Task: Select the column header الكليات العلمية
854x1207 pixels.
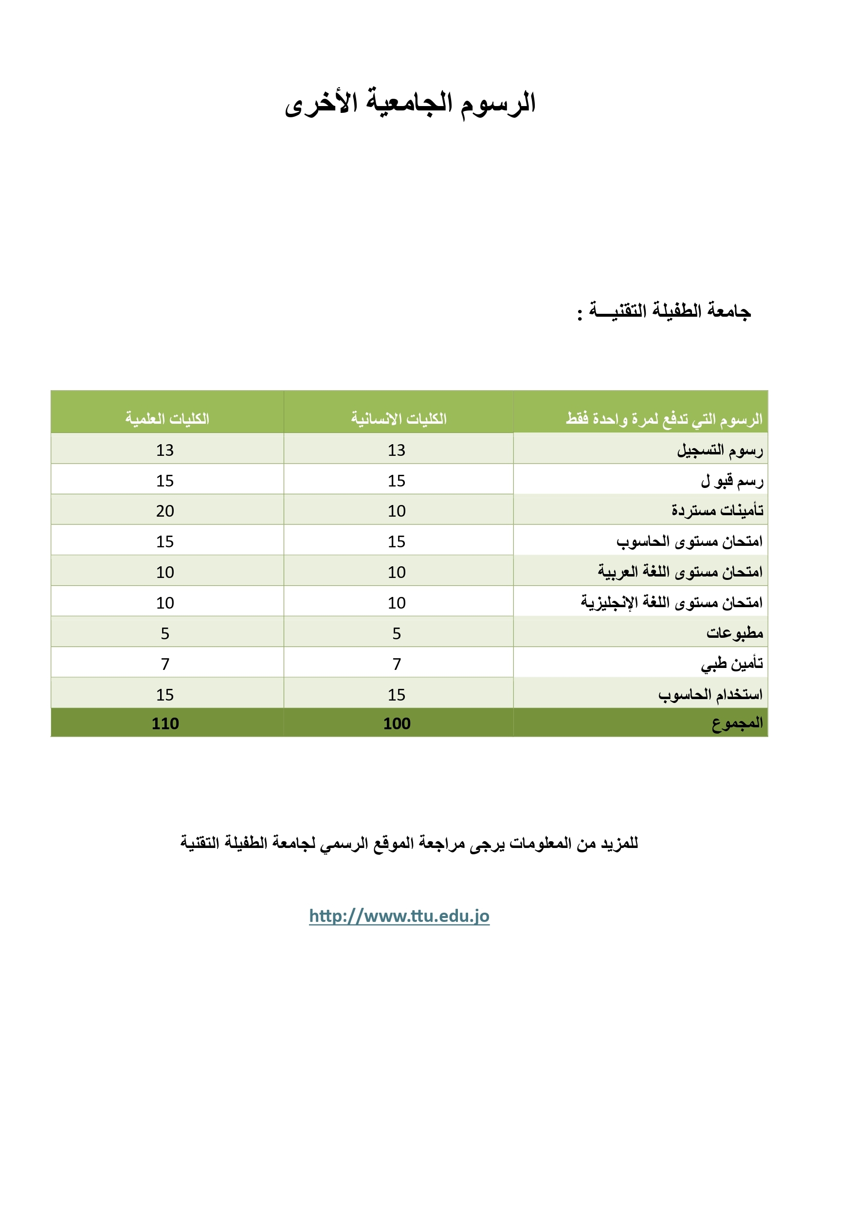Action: coord(167,418)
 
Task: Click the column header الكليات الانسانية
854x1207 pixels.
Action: coord(399,418)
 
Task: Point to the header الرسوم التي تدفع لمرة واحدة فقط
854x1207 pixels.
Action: coord(664,419)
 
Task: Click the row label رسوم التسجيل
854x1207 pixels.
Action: coord(719,450)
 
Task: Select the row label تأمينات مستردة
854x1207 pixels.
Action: coord(717,510)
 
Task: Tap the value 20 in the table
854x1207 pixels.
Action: coord(165,511)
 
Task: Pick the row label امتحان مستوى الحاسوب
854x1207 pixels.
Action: coord(689,541)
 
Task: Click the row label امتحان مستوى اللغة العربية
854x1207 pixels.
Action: coord(679,572)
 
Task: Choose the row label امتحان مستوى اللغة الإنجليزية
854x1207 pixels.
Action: coord(671,602)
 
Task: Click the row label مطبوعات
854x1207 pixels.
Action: coord(734,633)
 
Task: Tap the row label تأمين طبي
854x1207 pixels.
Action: coord(731,664)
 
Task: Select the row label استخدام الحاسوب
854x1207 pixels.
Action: coord(710,694)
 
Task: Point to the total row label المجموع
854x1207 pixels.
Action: coord(737,723)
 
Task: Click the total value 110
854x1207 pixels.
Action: coord(165,724)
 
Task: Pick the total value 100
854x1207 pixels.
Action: coord(397,724)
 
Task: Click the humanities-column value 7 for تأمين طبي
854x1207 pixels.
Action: coord(397,664)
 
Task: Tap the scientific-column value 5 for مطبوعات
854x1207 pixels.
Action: coord(165,633)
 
